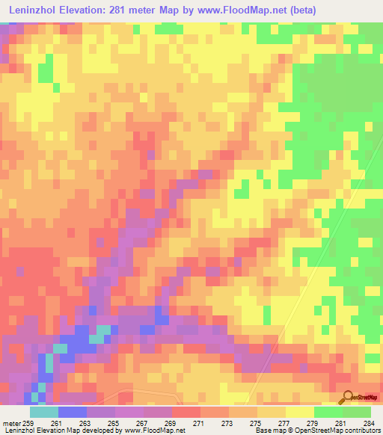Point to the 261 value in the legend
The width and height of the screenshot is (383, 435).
pos(57,422)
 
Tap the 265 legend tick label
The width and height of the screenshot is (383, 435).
pos(114,422)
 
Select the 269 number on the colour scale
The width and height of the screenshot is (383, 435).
pos(171,422)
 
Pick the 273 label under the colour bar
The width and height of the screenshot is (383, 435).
pos(227,422)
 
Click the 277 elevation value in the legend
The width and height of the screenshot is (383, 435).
pos(284,422)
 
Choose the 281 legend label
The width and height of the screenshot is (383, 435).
pos(341,422)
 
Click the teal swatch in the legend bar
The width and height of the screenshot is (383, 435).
pos(43,412)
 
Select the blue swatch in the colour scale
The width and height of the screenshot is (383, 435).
pos(72,412)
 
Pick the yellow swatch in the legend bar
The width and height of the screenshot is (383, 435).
pos(299,412)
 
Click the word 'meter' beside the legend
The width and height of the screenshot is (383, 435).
pos(10,422)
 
